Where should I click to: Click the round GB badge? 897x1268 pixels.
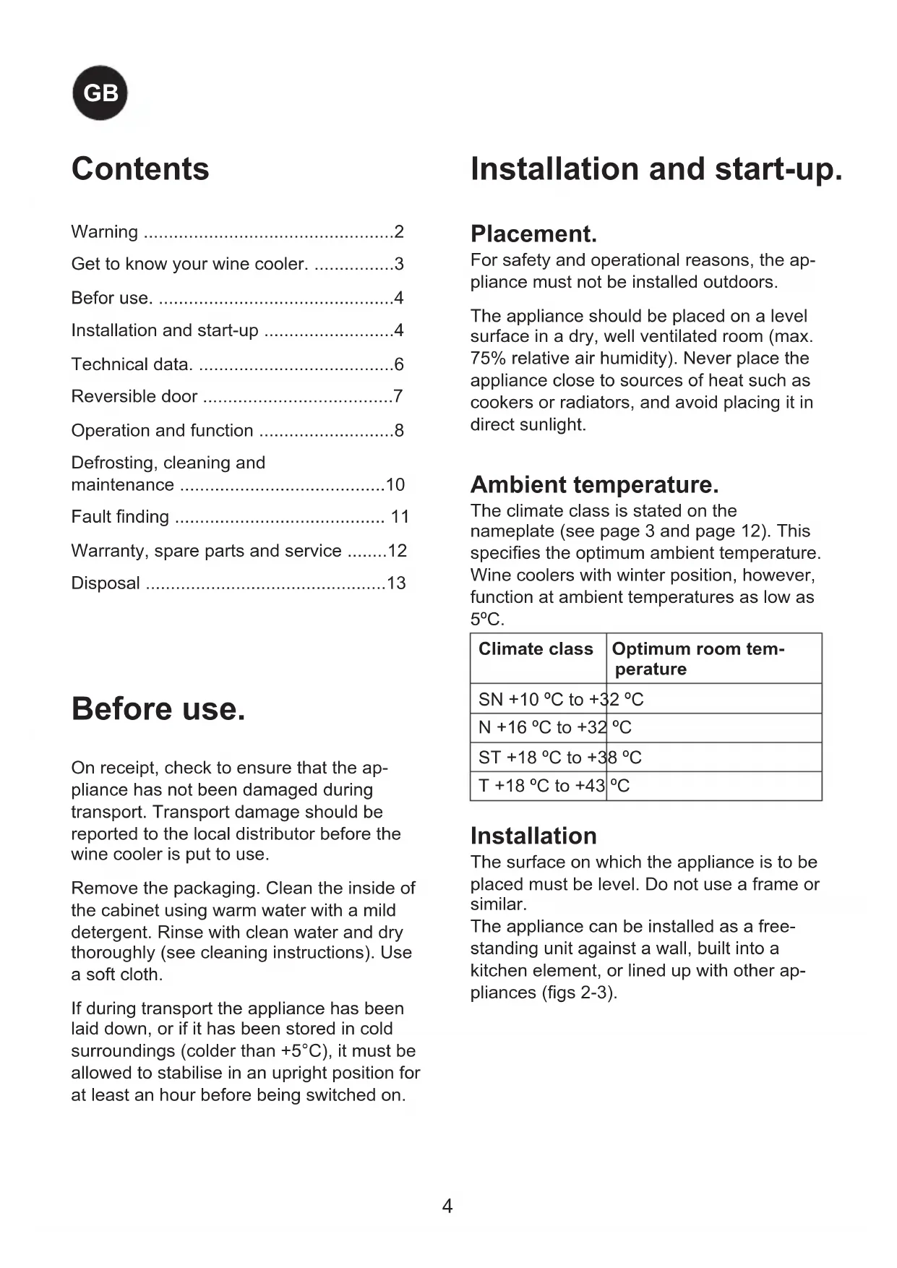(100, 93)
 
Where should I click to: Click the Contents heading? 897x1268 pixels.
(140, 169)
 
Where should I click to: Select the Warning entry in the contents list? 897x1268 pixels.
(104, 232)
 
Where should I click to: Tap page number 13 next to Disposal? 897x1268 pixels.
(396, 583)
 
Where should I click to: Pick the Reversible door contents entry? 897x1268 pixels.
(134, 397)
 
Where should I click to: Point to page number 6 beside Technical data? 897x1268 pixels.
(399, 364)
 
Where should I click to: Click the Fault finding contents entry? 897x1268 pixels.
(120, 517)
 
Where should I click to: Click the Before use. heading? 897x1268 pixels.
(158, 709)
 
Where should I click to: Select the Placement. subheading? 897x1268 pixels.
(533, 234)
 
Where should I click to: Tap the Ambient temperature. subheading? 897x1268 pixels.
(594, 484)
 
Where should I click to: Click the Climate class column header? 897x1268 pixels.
(536, 649)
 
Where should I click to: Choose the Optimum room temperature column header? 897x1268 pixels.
(698, 659)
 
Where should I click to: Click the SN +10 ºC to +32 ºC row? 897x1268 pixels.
(561, 700)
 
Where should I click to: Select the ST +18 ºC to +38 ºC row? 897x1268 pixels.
(559, 758)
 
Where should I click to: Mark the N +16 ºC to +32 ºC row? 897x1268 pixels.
(554, 728)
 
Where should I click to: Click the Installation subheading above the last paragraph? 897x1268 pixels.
(533, 836)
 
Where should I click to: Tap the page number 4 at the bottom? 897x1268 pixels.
(447, 1206)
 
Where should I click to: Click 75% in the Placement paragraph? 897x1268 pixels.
(487, 359)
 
